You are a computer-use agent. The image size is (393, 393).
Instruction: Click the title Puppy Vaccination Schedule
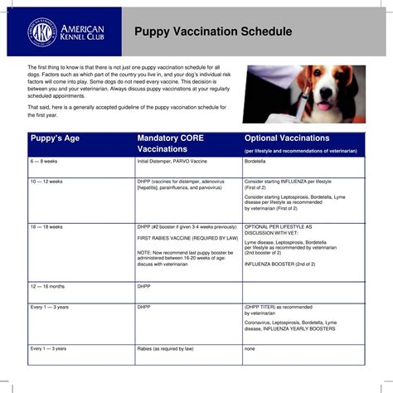tap(213, 32)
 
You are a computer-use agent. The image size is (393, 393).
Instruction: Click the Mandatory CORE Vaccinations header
tap(172, 143)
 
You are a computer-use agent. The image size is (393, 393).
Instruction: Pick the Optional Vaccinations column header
tap(287, 138)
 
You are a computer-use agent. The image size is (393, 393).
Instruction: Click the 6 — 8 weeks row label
tap(46, 162)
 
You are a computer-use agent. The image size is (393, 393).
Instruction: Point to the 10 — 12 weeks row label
tap(47, 180)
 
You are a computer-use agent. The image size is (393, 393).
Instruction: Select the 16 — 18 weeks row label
tap(47, 226)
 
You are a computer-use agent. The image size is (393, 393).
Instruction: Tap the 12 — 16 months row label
tap(49, 286)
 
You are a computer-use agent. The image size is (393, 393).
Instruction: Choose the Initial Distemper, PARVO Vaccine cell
tap(172, 162)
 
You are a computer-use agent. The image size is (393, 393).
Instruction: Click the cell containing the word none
tap(250, 348)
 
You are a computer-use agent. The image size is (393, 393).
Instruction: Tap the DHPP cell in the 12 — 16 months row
tap(143, 286)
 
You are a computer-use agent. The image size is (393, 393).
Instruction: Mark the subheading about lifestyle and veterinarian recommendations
tap(300, 151)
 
